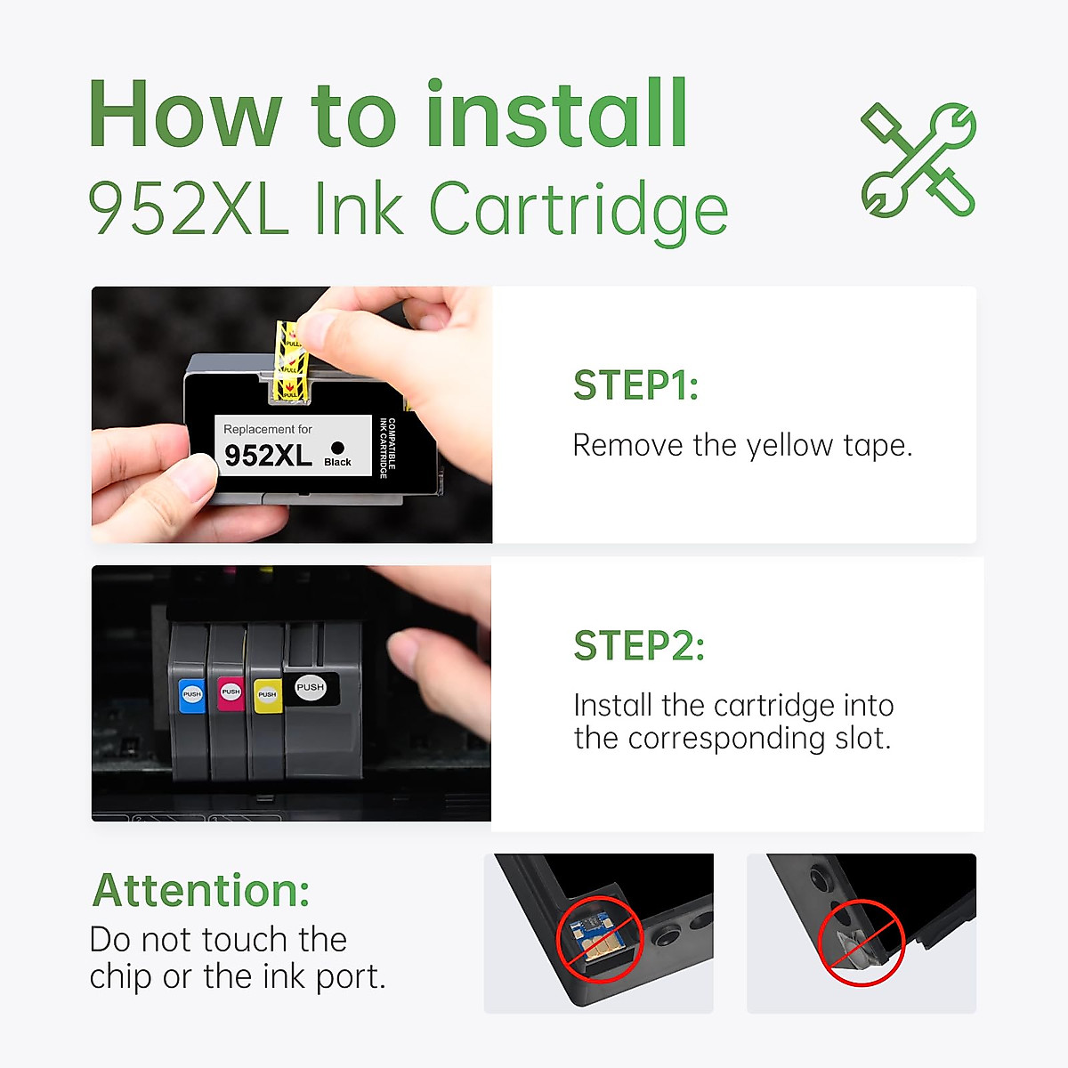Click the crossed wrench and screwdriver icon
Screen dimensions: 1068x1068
pyautogui.click(x=918, y=160)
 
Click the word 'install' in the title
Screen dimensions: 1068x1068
pyautogui.click(x=557, y=115)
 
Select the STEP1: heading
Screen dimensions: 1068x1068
pyautogui.click(x=635, y=385)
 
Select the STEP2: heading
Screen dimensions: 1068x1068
pyautogui.click(x=639, y=645)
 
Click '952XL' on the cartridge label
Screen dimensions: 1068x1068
pyautogui.click(x=268, y=456)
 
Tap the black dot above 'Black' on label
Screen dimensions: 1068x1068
pyautogui.click(x=337, y=448)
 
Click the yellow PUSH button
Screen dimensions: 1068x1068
pyautogui.click(x=267, y=694)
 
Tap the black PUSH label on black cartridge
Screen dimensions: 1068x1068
pyautogui.click(x=311, y=688)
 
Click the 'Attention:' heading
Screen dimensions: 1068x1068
pyautogui.click(x=201, y=890)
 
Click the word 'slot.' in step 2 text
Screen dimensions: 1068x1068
pyautogui.click(x=862, y=739)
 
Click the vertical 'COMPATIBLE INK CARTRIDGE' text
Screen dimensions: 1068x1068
pyautogui.click(x=387, y=448)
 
